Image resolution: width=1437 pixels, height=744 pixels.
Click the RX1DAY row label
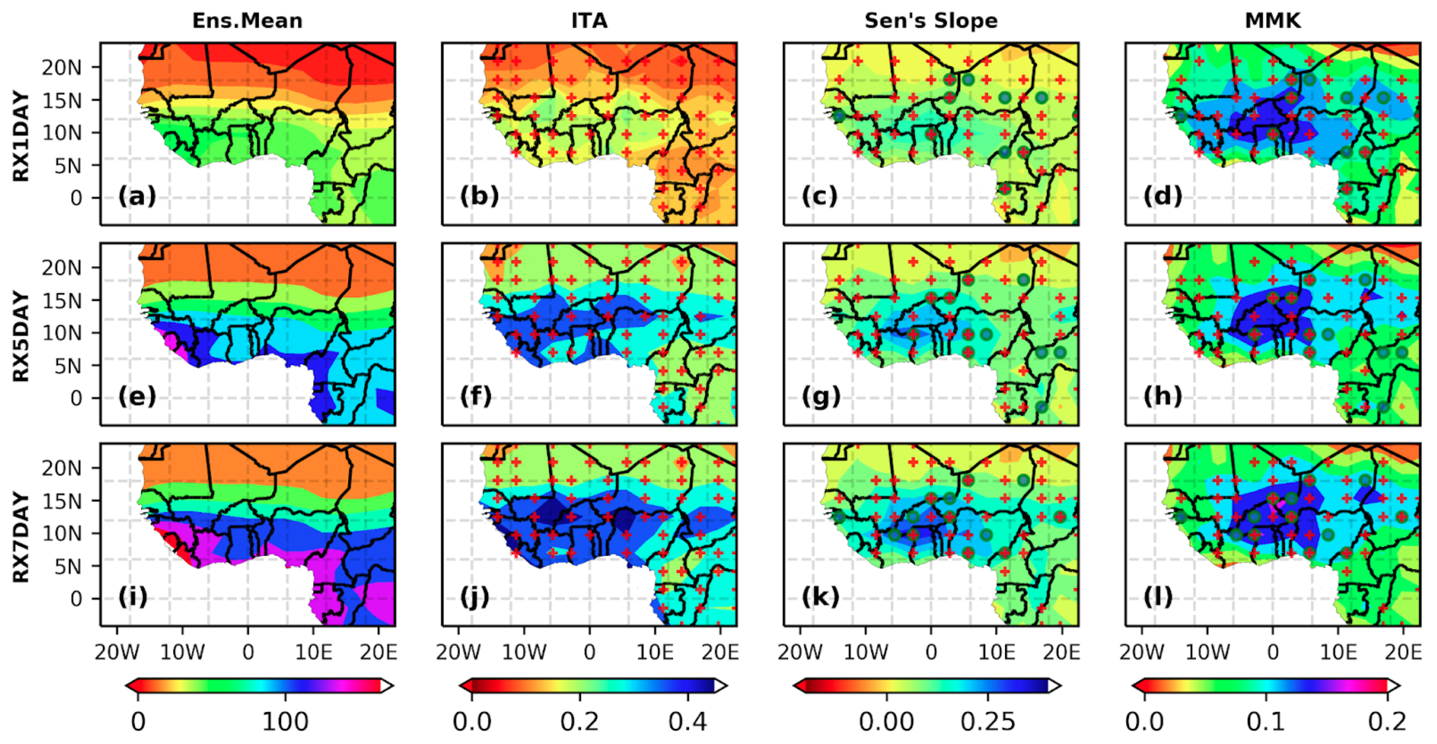[21, 136]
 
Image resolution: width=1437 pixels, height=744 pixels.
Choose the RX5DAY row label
[21, 336]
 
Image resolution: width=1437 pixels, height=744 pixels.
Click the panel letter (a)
[137, 196]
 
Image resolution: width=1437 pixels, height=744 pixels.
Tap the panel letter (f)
[476, 396]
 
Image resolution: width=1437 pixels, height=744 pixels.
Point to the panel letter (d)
[1163, 196]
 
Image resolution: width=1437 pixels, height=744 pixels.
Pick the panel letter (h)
[1163, 396]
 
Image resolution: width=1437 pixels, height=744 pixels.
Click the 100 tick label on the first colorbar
[285, 722]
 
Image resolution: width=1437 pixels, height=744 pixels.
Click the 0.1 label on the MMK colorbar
[1266, 722]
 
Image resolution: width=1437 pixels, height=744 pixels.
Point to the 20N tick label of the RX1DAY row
[62, 67]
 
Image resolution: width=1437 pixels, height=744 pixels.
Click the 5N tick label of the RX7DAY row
[67, 566]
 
